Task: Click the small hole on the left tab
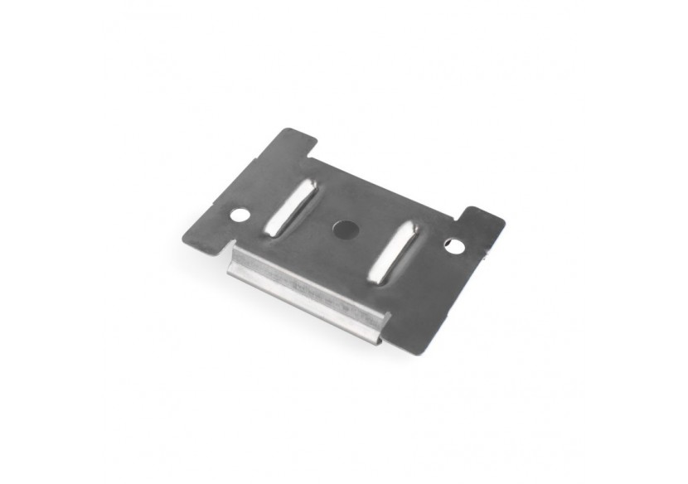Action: point(240,215)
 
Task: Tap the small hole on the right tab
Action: point(453,245)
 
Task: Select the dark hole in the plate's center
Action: point(342,226)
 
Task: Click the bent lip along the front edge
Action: point(307,290)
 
